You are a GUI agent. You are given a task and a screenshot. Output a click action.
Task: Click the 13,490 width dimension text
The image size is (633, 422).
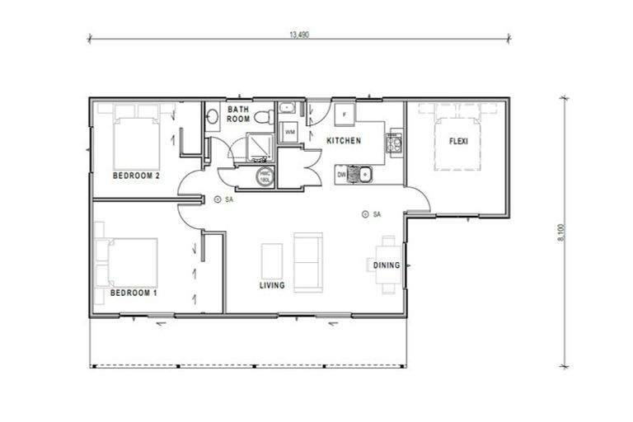[299, 35]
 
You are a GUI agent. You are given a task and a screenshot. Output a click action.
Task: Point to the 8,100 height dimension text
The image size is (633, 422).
[562, 232]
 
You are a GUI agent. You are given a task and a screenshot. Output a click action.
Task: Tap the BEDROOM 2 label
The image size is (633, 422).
[135, 176]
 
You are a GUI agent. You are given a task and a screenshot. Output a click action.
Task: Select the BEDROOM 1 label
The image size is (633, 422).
[134, 293]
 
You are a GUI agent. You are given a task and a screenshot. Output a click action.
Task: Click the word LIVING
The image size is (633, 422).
[271, 286]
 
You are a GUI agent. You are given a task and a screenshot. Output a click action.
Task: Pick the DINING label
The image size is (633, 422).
[387, 265]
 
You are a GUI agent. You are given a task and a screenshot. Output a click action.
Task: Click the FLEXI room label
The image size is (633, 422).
[458, 141]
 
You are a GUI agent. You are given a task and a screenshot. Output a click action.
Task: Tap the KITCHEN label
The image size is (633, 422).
[344, 141]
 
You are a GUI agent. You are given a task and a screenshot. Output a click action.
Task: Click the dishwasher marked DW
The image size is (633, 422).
[341, 174]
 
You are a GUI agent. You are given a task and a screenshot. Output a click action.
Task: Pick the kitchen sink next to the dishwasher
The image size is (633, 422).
[360, 174]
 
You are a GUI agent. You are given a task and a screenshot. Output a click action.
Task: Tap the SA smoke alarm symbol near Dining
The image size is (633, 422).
[364, 214]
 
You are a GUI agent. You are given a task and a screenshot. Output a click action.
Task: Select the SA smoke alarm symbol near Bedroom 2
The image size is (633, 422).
[217, 199]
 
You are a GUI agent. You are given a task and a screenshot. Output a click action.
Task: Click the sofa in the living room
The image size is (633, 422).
[307, 260]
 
